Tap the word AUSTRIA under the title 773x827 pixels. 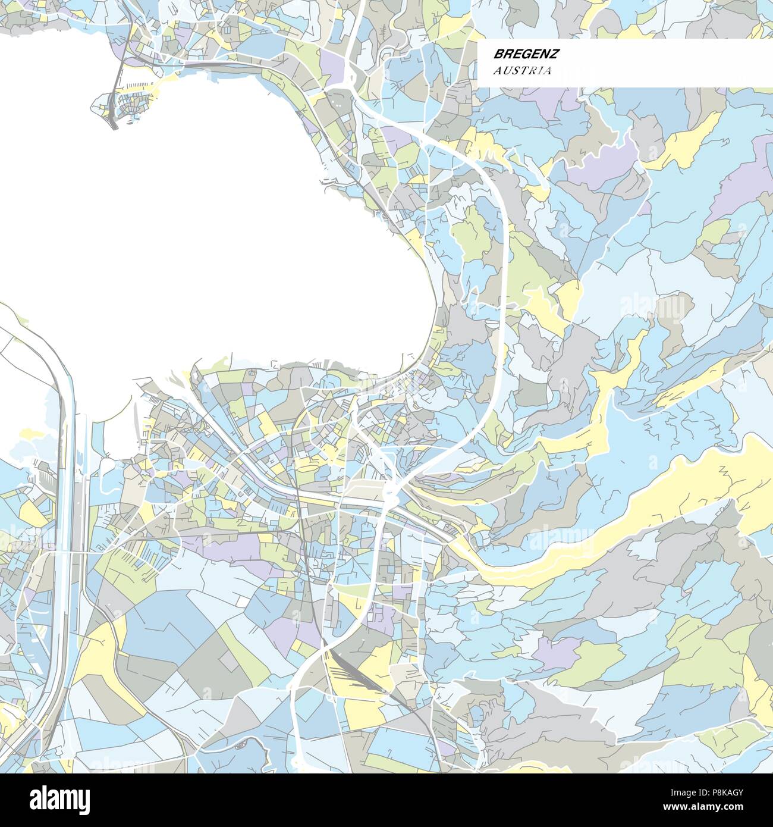[x=521, y=71]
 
